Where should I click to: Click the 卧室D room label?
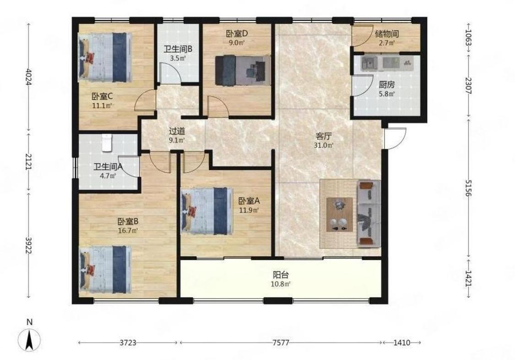point(237,33)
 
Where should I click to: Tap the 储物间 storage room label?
point(387,33)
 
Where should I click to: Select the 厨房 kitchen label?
point(386,85)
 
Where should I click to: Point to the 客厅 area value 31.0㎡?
point(324,145)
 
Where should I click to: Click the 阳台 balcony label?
point(281,274)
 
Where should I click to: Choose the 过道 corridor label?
point(177,131)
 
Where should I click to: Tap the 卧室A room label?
point(249,200)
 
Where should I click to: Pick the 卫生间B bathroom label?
point(178,49)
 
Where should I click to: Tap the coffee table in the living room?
point(339,214)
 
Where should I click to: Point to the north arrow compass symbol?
point(30,339)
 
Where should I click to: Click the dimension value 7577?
point(281,343)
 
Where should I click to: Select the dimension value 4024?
point(29,77)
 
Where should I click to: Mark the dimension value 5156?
point(468,188)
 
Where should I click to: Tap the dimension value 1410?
point(401,343)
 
